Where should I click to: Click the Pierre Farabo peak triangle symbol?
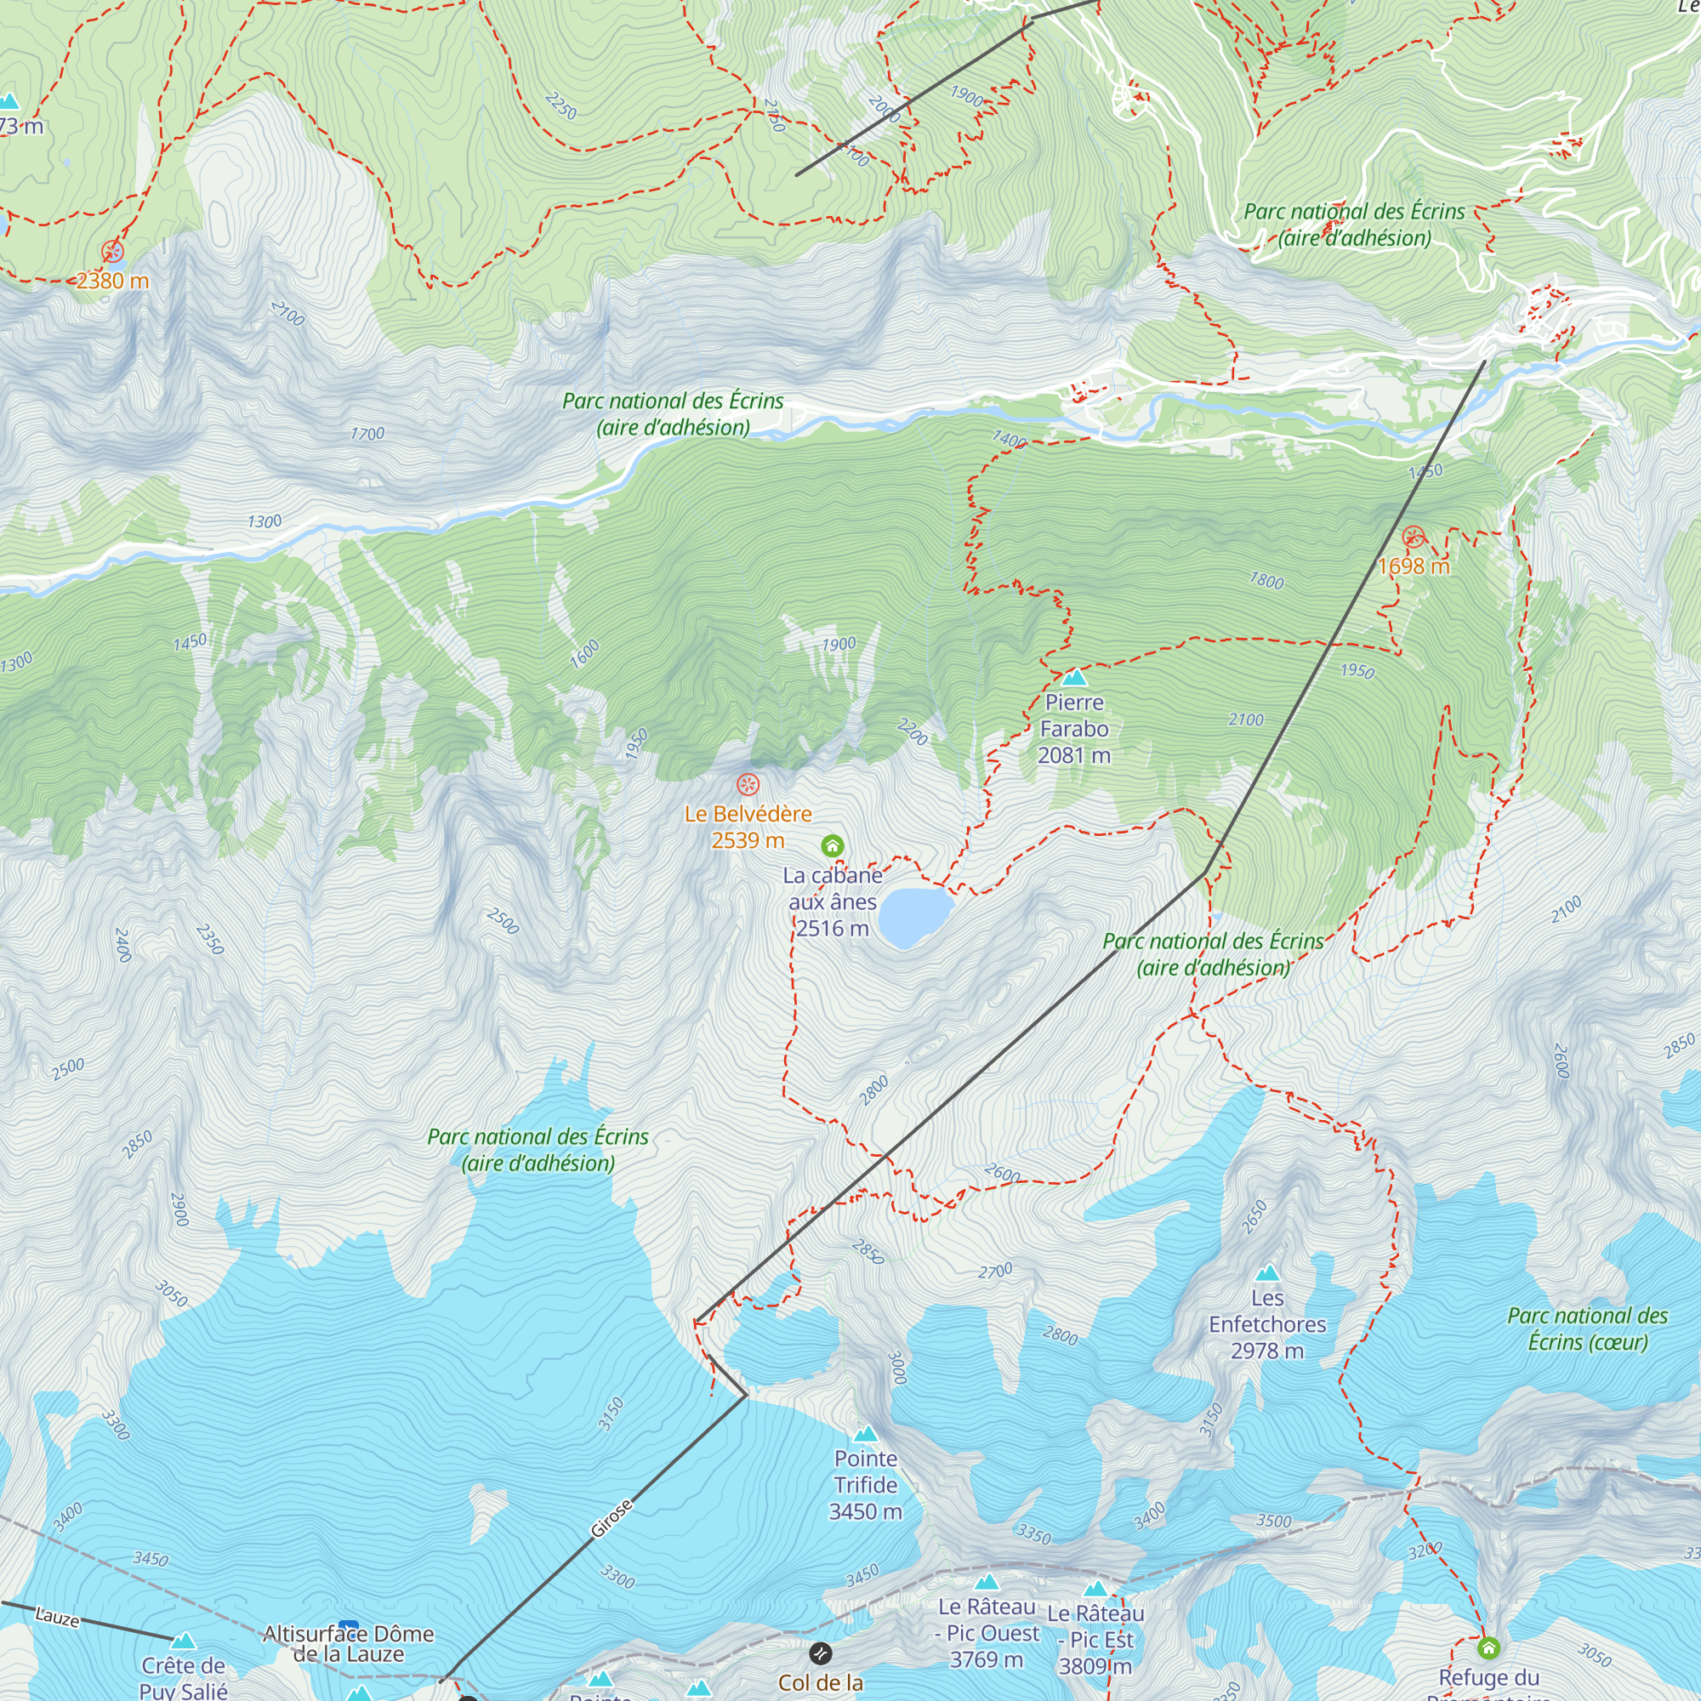pyautogui.click(x=1074, y=678)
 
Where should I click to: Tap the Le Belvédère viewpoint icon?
pyautogui.click(x=748, y=783)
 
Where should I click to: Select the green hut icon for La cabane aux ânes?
pyautogui.click(x=832, y=846)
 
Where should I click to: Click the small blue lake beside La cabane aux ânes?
pyautogui.click(x=915, y=917)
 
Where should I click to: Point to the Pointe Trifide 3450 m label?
pyautogui.click(x=866, y=1484)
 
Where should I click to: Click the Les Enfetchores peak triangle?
pyautogui.click(x=1267, y=1273)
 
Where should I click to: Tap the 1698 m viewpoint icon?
pyautogui.click(x=1413, y=537)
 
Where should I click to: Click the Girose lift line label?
pyautogui.click(x=611, y=1519)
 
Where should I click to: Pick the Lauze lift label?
pyautogui.click(x=57, y=1617)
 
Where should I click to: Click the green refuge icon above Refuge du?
pyautogui.click(x=1488, y=1647)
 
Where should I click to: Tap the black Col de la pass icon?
pyautogui.click(x=821, y=1653)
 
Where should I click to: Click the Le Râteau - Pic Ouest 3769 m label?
pyautogui.click(x=987, y=1633)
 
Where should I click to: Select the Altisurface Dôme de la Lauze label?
pyautogui.click(x=349, y=1644)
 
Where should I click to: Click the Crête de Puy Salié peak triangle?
pyautogui.click(x=182, y=1641)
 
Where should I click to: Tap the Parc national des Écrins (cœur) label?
pyautogui.click(x=1587, y=1328)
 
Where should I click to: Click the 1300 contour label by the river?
pyautogui.click(x=265, y=521)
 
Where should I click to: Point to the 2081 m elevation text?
pyautogui.click(x=1074, y=755)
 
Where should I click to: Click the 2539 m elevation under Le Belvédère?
pyautogui.click(x=748, y=840)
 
